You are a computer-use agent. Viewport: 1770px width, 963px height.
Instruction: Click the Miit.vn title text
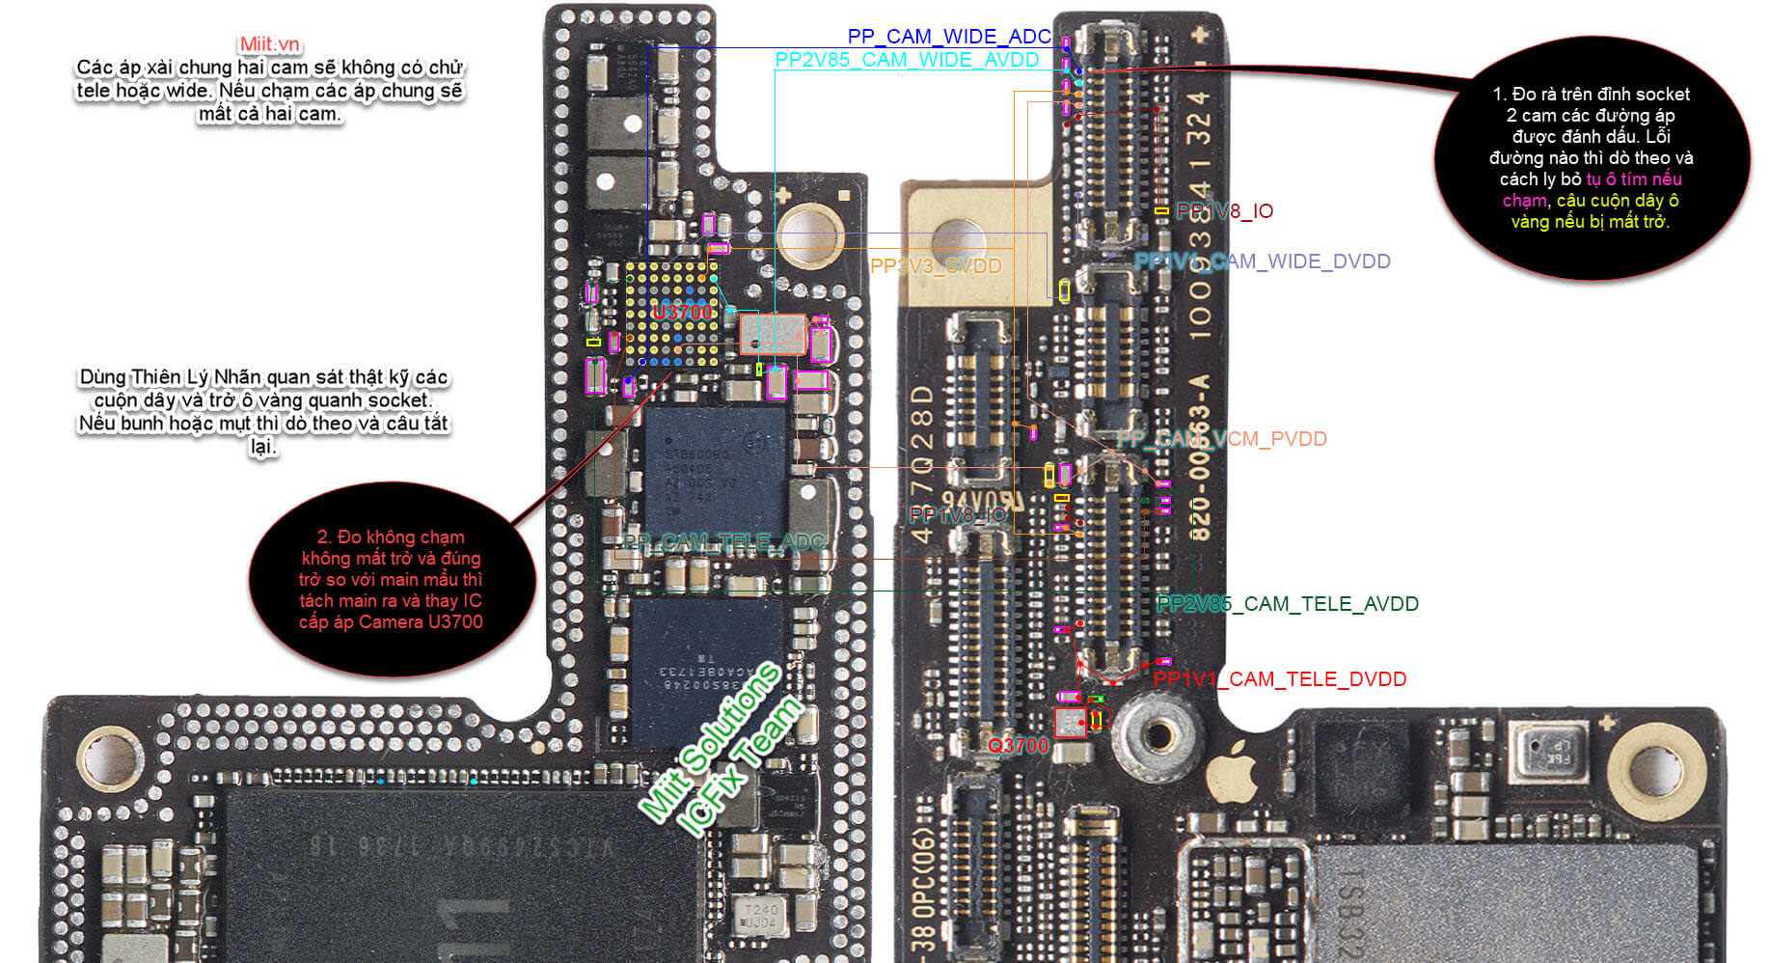270,44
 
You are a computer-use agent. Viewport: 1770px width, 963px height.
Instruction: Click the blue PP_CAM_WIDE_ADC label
948,37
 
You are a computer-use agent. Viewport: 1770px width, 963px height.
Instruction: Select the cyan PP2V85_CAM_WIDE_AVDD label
907,60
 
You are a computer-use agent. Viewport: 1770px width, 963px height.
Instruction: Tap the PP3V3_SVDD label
935,265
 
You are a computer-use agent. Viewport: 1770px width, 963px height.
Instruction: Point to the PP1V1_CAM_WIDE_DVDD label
1262,261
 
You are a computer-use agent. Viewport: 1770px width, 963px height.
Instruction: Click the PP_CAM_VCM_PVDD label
1221,439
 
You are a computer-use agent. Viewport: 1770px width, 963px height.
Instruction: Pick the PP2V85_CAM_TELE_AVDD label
1287,604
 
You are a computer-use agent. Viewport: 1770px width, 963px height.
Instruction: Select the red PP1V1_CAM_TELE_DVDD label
1279,679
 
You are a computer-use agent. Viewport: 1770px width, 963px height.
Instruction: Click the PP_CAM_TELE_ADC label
723,542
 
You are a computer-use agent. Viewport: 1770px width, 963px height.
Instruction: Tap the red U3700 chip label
682,312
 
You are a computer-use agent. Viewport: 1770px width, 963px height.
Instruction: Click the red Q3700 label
1018,745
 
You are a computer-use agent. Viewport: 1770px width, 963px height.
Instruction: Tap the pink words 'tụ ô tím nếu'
1634,179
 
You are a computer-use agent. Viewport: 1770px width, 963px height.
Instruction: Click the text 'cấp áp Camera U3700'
391,622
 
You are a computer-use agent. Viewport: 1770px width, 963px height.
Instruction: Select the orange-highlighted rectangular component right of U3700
773,335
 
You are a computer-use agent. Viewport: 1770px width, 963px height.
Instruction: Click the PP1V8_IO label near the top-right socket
1224,211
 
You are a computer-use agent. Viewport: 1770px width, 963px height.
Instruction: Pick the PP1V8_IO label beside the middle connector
957,515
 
